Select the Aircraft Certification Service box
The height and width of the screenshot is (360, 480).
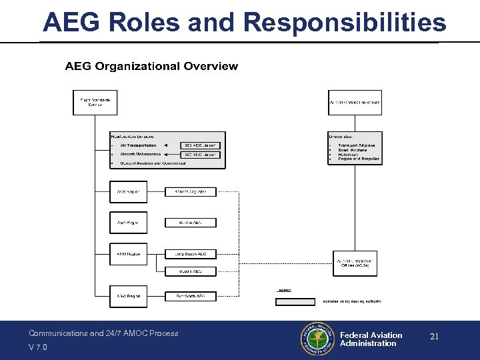tap(355, 103)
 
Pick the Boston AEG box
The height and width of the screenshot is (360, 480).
tap(191, 223)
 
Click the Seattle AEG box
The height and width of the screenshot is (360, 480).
tap(191, 271)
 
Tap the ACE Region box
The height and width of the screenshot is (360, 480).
tap(128, 192)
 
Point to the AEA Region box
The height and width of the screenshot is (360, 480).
tap(128, 223)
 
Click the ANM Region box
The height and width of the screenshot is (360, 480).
tap(128, 254)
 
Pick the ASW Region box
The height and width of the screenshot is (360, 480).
tap(128, 296)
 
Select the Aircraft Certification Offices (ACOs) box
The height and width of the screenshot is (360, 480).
tap(355, 263)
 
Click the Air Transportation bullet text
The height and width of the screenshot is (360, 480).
tap(138, 145)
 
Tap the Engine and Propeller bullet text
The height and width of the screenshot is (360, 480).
tap(359, 159)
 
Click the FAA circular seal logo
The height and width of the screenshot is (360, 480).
tap(317, 339)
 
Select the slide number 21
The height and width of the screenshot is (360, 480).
tap(434, 337)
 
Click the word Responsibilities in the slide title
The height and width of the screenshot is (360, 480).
tap(345, 22)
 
